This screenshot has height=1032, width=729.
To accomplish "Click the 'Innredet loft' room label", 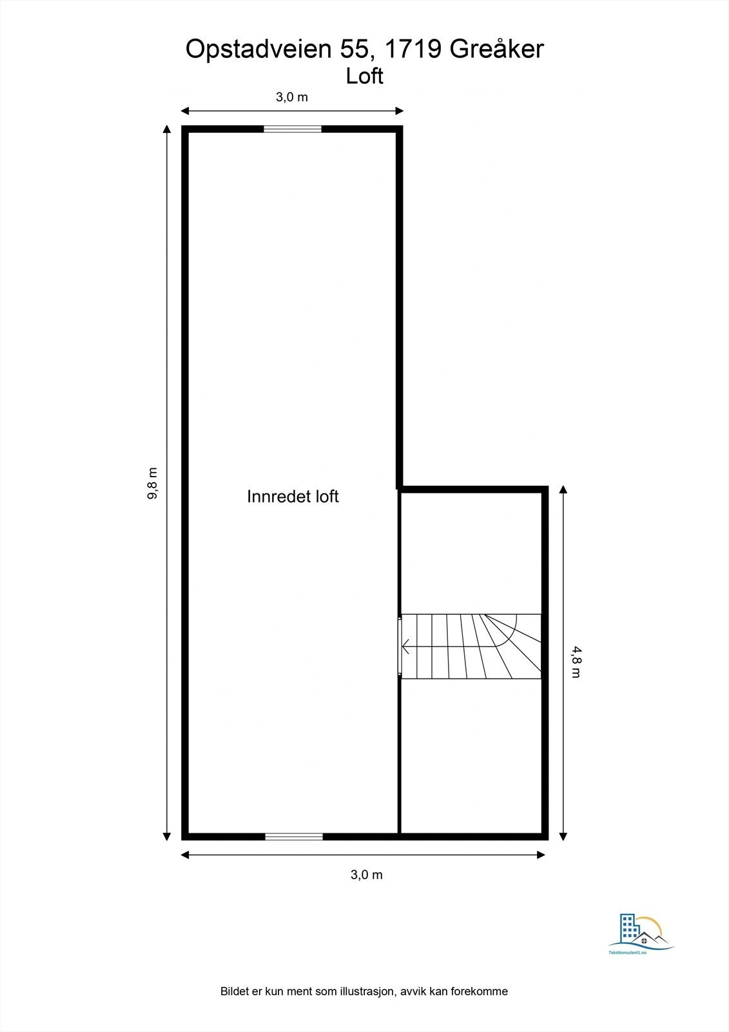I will [293, 496].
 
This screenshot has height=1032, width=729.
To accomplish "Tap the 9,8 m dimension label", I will [153, 483].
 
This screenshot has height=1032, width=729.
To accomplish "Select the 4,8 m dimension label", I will [575, 662].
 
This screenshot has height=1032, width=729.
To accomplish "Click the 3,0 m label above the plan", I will [292, 97].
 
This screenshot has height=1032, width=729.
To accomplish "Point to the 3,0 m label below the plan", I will [366, 875].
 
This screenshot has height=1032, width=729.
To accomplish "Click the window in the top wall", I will [293, 129].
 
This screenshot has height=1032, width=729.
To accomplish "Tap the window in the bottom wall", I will [294, 837].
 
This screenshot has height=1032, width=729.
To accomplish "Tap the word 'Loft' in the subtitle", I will [364, 76].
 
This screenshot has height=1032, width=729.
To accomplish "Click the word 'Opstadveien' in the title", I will [258, 49].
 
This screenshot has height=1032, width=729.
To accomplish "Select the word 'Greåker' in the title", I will [497, 49].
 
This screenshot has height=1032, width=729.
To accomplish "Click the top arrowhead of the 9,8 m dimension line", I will [167, 128].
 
